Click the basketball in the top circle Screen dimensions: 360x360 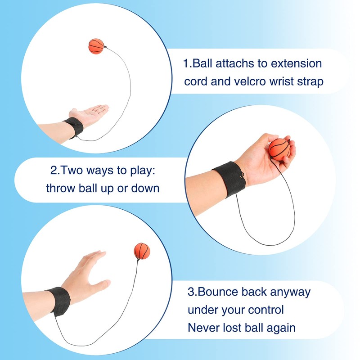coord(96,46)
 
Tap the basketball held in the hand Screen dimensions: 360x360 coord(279,148)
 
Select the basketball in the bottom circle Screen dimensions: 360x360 coord(142,251)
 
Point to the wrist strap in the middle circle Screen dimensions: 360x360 coord(229,179)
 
